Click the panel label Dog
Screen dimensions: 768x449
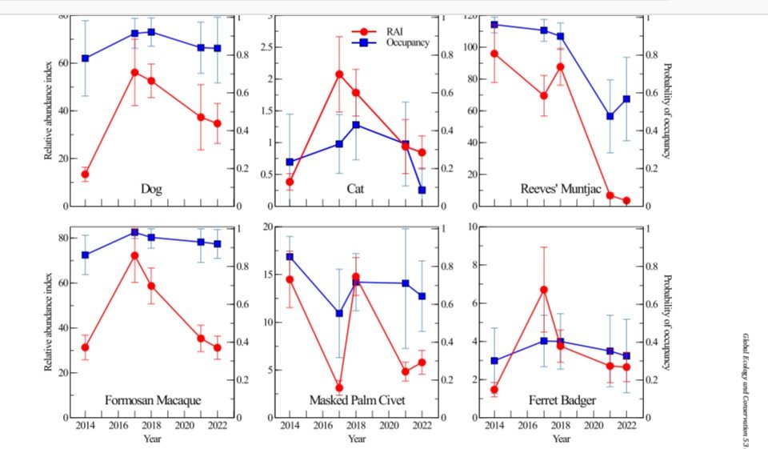point(151,189)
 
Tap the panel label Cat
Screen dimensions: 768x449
point(355,189)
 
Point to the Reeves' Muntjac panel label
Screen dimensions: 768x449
point(560,189)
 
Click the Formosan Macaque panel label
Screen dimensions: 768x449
point(153,400)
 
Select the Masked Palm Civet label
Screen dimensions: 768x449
point(357,400)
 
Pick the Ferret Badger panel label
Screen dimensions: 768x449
point(562,400)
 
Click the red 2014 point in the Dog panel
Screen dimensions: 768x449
point(86,174)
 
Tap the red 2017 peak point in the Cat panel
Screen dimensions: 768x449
point(339,74)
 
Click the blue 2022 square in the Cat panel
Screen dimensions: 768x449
point(422,190)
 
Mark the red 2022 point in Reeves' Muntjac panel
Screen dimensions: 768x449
point(626,200)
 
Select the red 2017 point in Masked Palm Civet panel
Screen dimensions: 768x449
point(339,387)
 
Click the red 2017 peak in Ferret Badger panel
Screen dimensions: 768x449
point(544,290)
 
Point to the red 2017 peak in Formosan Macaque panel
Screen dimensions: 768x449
point(134,255)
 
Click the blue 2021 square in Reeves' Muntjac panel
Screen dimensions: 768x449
point(610,116)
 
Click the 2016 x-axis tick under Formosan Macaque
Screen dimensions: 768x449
point(118,426)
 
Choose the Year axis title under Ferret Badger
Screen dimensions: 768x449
point(562,439)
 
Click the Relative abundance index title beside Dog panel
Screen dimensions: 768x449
point(48,110)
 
